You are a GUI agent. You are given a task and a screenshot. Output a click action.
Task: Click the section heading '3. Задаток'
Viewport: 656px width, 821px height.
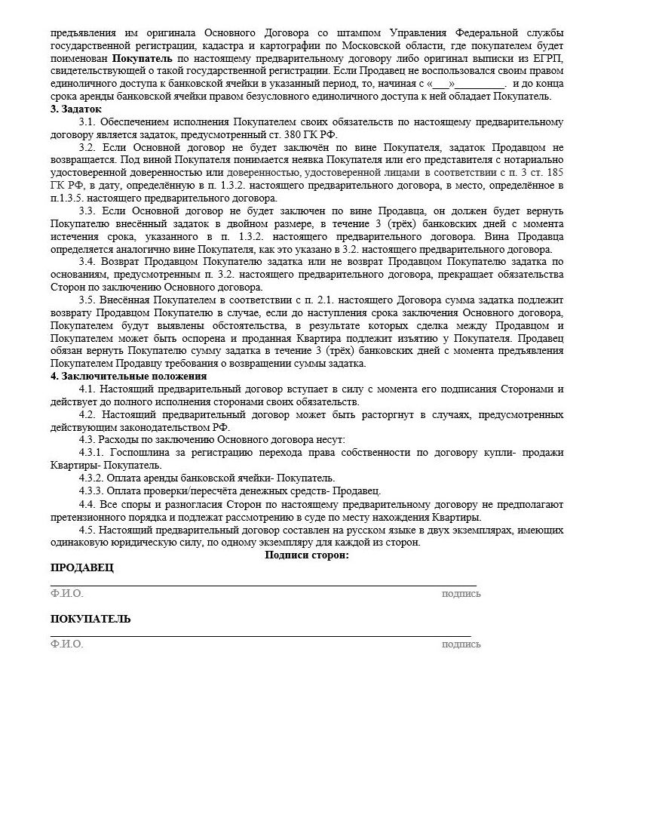[76, 109]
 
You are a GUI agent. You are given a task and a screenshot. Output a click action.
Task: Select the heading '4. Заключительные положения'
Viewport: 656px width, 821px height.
[128, 376]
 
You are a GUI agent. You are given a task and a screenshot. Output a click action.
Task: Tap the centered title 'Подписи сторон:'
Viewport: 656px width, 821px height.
[307, 555]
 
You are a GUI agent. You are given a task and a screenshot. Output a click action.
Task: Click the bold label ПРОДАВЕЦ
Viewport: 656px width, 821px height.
[82, 568]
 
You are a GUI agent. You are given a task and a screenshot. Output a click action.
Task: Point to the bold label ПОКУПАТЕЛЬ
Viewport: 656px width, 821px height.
[90, 620]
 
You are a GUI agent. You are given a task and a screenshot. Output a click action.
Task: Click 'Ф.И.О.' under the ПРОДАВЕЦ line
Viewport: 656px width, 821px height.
[67, 594]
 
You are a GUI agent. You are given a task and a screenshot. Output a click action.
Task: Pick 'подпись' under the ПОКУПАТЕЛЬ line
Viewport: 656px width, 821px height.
[461, 644]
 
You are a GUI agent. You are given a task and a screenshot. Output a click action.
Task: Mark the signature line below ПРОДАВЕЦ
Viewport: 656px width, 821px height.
[263, 585]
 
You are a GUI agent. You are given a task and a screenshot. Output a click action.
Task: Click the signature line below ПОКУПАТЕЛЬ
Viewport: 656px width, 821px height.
[260, 636]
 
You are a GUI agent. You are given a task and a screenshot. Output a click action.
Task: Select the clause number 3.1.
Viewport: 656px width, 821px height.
[87, 122]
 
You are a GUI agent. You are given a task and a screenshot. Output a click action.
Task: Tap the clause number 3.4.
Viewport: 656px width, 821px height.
[87, 262]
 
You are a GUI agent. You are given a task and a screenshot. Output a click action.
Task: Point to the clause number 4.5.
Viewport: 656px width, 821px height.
[87, 530]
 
